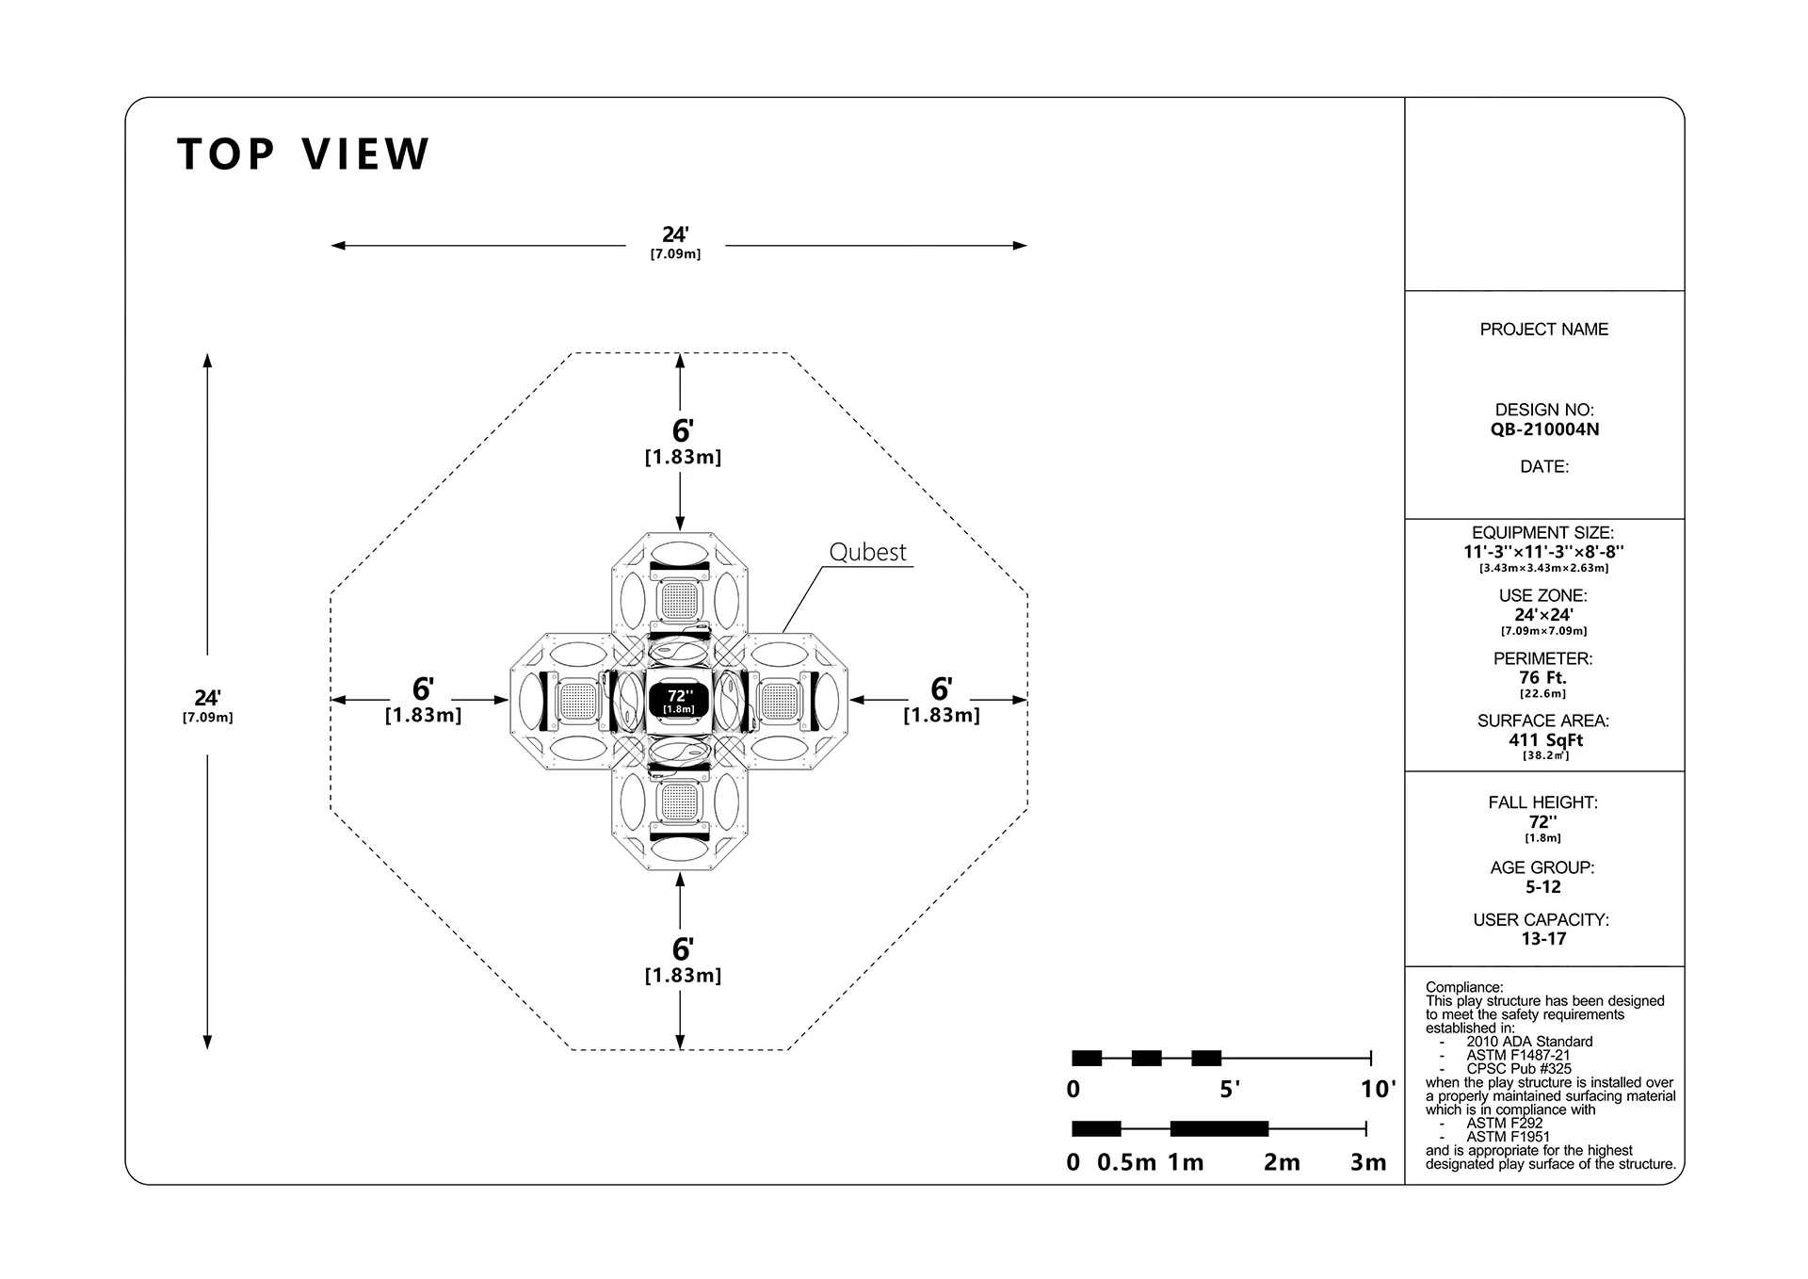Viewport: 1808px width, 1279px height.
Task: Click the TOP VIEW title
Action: click(x=303, y=154)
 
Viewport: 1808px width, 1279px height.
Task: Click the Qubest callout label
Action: click(x=867, y=552)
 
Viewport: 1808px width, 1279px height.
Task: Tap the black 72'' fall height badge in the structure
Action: click(x=679, y=701)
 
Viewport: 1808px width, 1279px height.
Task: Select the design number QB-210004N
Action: click(x=1544, y=429)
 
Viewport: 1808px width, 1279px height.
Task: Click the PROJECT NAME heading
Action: click(x=1544, y=330)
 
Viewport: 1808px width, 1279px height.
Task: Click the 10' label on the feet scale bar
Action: click(x=1378, y=1090)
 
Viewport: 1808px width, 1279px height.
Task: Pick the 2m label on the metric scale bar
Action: click(x=1282, y=1162)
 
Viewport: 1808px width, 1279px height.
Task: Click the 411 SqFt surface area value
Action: click(x=1544, y=740)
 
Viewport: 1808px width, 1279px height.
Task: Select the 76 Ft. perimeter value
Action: click(x=1544, y=678)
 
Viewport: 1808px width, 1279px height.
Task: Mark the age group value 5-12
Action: click(x=1544, y=887)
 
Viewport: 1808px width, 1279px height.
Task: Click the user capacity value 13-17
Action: click(x=1544, y=939)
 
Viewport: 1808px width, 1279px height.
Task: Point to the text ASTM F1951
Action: click(x=1508, y=1137)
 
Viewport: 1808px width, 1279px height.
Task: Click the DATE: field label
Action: click(x=1544, y=467)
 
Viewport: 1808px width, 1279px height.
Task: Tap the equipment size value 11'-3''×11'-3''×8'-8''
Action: click(x=1544, y=552)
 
